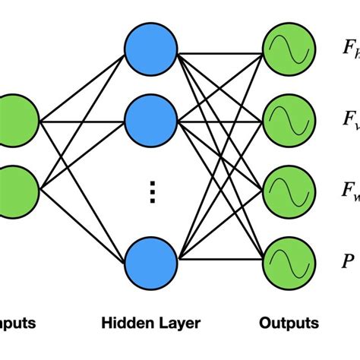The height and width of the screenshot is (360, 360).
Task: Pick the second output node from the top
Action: pyautogui.click(x=287, y=120)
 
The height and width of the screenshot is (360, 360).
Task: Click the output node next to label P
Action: pyautogui.click(x=287, y=261)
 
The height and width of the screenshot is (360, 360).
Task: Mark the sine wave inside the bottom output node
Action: pyautogui.click(x=287, y=261)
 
